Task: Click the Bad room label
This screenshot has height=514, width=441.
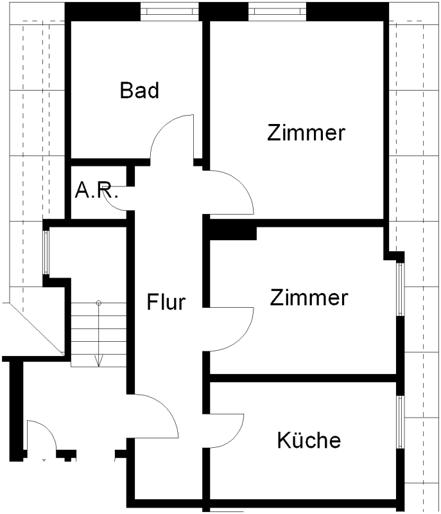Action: tap(139, 91)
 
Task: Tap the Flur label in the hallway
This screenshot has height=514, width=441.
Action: tap(166, 301)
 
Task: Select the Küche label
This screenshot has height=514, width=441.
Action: tap(309, 441)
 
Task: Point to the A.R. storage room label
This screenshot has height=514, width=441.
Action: tap(97, 190)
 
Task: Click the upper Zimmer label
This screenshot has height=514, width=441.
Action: tap(306, 133)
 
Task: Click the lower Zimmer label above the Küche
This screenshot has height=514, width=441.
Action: tap(309, 298)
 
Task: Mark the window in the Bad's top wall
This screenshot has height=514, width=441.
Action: tap(169, 11)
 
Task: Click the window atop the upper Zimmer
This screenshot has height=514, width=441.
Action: tap(277, 11)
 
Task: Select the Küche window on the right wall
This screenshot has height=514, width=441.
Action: tap(400, 422)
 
